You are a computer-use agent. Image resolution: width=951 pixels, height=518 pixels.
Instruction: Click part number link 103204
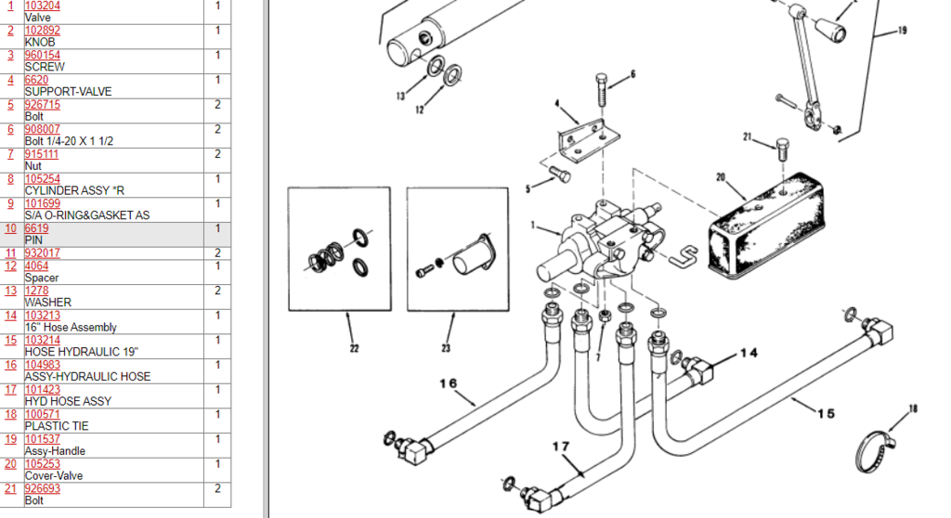pos(42,6)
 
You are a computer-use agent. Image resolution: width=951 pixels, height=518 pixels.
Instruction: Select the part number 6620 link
pos(36,80)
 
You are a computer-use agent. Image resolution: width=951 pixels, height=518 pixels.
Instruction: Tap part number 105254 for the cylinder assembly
pos(42,179)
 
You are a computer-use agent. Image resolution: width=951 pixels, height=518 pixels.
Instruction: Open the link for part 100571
pos(42,414)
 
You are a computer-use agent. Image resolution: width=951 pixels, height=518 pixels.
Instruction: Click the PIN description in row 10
pos(33,240)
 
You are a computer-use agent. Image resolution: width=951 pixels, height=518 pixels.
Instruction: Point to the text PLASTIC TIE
pos(56,426)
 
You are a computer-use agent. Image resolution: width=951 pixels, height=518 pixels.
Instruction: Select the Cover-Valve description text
pos(53,475)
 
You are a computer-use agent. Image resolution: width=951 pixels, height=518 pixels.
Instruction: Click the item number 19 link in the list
pos(11,439)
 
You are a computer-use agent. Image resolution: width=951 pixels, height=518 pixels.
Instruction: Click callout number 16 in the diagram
pos(449,383)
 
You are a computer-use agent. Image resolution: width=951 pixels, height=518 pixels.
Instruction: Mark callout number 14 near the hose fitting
pos(749,354)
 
